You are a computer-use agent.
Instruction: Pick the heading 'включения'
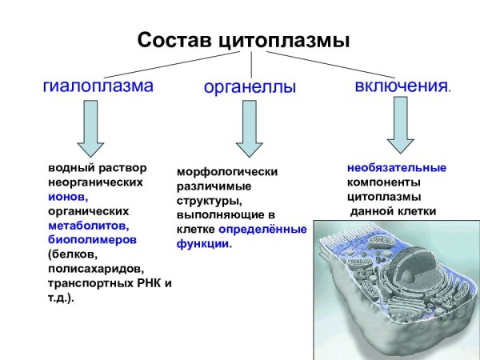pyautogui.click(x=400, y=86)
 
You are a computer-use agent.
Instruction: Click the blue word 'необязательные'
pyautogui.click(x=396, y=168)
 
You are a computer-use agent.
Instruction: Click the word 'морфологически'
pyautogui.click(x=227, y=172)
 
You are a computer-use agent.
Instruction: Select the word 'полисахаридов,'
pyautogui.click(x=96, y=270)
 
